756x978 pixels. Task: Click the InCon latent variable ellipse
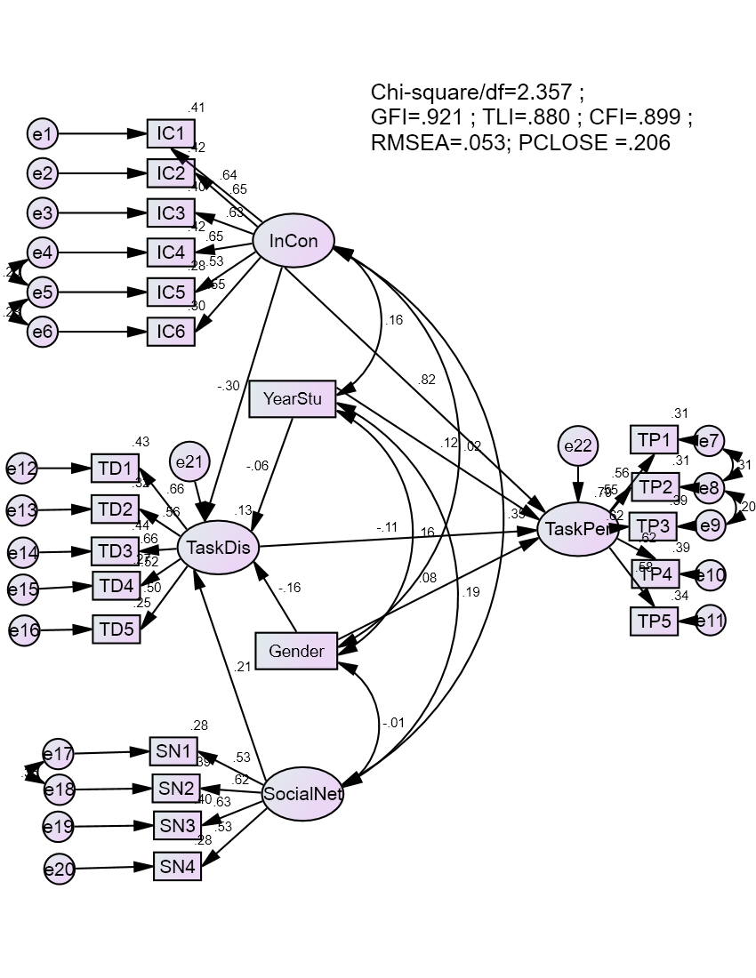coord(294,241)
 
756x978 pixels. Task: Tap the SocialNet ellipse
coord(302,794)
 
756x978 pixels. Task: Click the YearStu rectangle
coord(293,398)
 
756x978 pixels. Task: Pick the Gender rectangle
coord(296,652)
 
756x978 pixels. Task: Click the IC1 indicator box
coord(171,134)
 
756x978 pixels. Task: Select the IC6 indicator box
coord(171,332)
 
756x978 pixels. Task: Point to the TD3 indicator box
coord(116,550)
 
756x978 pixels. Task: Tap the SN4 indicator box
coord(177,866)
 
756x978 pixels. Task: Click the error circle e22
coord(578,446)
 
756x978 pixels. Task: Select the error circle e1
coord(42,134)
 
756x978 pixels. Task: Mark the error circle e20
coord(59,869)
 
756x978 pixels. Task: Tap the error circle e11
coord(710,620)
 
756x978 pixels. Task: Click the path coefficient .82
coord(427,380)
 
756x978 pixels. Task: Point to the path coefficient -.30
coord(228,386)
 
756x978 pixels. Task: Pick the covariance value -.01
coord(393,722)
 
